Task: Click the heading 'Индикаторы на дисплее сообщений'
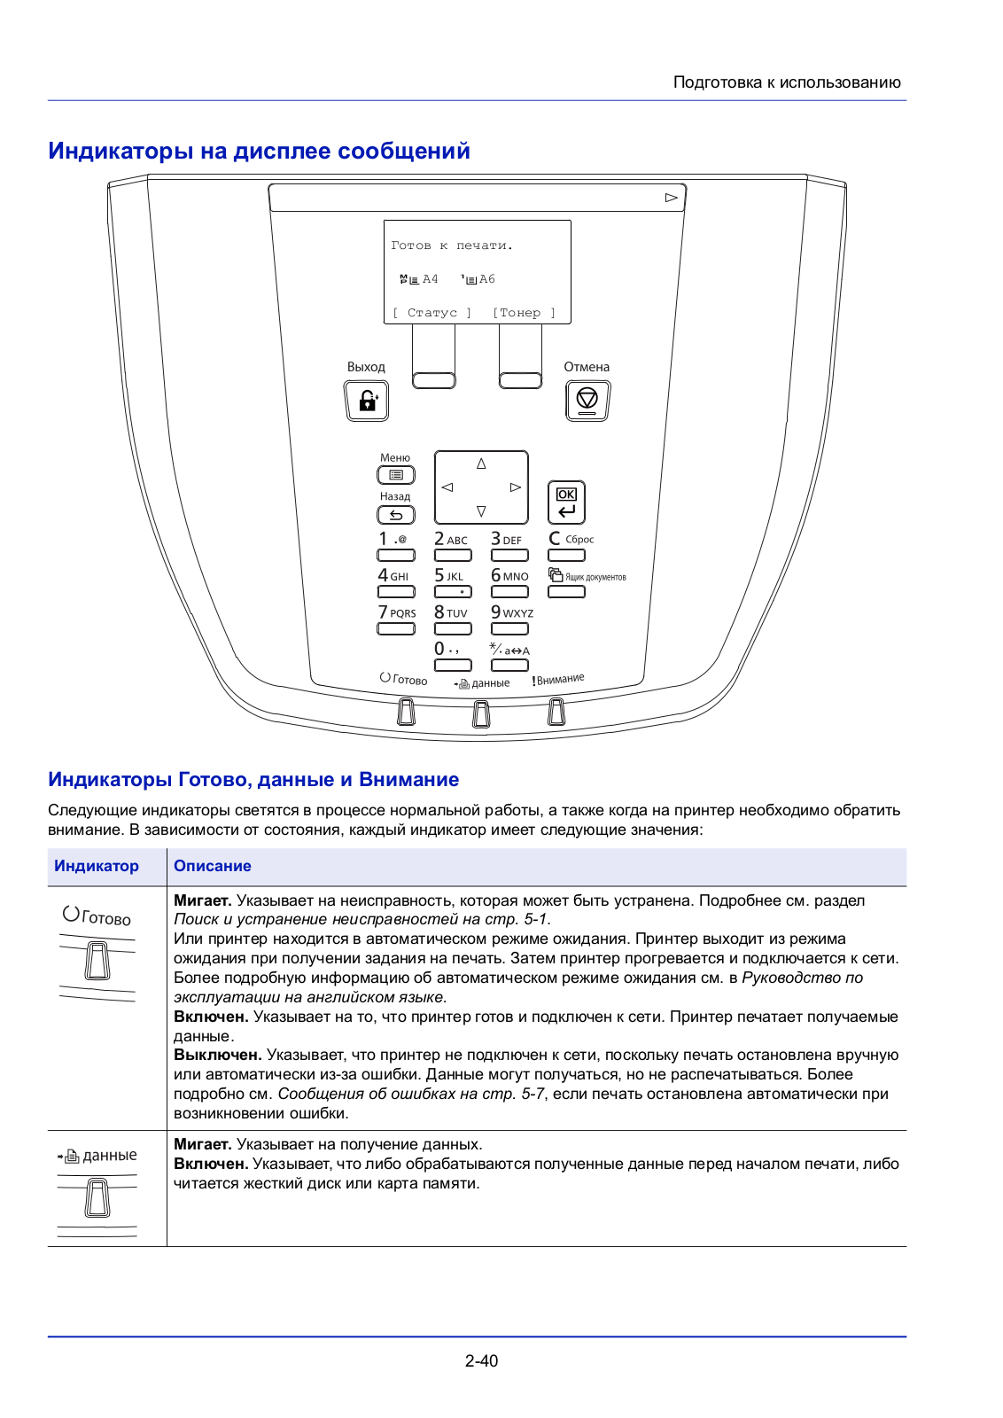[x=259, y=152]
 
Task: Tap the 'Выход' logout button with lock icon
[x=366, y=401]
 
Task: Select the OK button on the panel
[x=566, y=502]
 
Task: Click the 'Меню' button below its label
[x=396, y=475]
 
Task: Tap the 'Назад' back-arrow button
[x=396, y=514]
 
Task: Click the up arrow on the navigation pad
[x=481, y=464]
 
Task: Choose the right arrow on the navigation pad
[x=515, y=487]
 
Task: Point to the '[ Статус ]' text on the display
[x=432, y=313]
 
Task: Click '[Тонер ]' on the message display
[x=524, y=313]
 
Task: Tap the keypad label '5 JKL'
[x=449, y=576]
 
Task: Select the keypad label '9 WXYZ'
[x=511, y=612]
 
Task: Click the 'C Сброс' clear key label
[x=571, y=539]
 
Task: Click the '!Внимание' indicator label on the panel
[x=558, y=680]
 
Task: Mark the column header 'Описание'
[x=213, y=866]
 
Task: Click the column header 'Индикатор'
[x=97, y=866]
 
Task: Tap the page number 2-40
[x=481, y=1360]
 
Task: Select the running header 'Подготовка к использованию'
[x=787, y=82]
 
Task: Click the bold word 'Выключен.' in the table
[x=217, y=1055]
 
